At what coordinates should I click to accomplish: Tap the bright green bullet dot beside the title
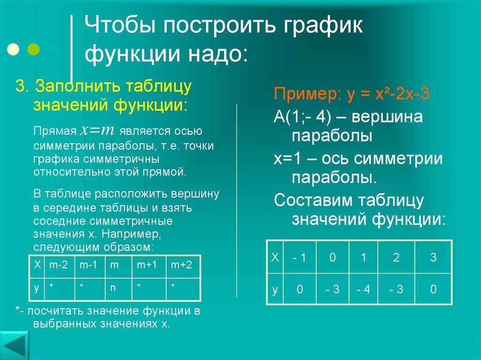point(34,49)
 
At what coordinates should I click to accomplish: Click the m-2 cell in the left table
point(59,265)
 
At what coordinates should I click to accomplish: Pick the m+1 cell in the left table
point(147,265)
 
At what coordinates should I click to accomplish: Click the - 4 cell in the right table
point(363,290)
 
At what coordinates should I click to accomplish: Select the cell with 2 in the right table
point(396,257)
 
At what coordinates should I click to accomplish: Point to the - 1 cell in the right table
point(299,257)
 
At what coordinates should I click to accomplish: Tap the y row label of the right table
point(275,290)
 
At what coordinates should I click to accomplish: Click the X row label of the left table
point(37,265)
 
